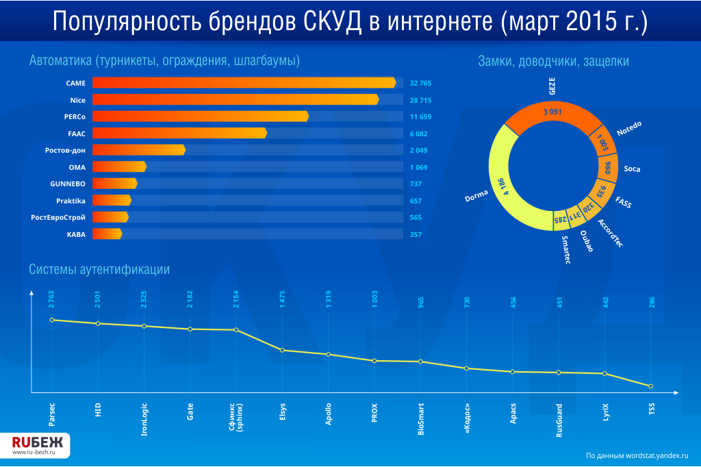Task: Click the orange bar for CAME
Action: [244, 83]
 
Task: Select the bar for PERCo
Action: [200, 116]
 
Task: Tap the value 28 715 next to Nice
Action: [420, 100]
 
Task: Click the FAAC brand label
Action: [76, 134]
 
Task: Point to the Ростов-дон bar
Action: [138, 150]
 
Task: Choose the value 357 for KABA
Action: [416, 234]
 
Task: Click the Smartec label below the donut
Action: [565, 249]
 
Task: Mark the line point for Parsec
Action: [51, 320]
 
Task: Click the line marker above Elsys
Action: [283, 351]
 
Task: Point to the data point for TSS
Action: [651, 386]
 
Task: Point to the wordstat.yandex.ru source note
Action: [637, 455]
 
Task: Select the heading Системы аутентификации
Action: [99, 270]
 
